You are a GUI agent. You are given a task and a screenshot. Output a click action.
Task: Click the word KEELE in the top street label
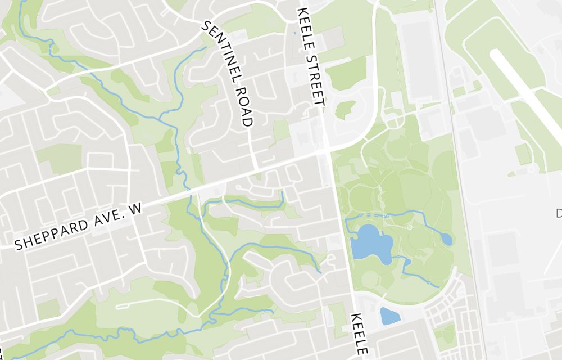pos(305,25)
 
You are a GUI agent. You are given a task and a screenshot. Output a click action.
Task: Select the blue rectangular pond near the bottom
pos(390,316)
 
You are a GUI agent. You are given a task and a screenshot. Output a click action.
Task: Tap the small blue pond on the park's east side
pos(446,239)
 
